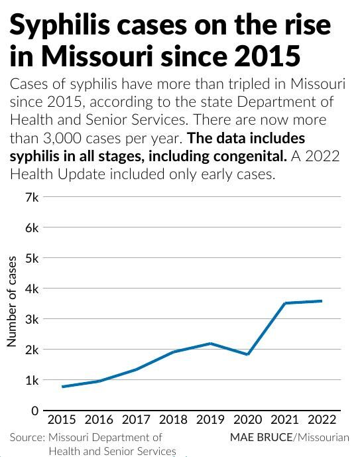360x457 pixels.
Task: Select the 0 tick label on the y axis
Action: point(34,411)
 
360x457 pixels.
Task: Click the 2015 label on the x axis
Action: point(62,419)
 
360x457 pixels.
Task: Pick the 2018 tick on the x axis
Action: point(173,419)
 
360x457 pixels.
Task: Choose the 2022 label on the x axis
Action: point(322,419)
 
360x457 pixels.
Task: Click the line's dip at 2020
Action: point(247,354)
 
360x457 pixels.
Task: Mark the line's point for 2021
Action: point(284,303)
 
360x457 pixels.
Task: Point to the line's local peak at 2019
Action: point(210,344)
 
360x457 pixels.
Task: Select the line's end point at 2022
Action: point(322,301)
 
